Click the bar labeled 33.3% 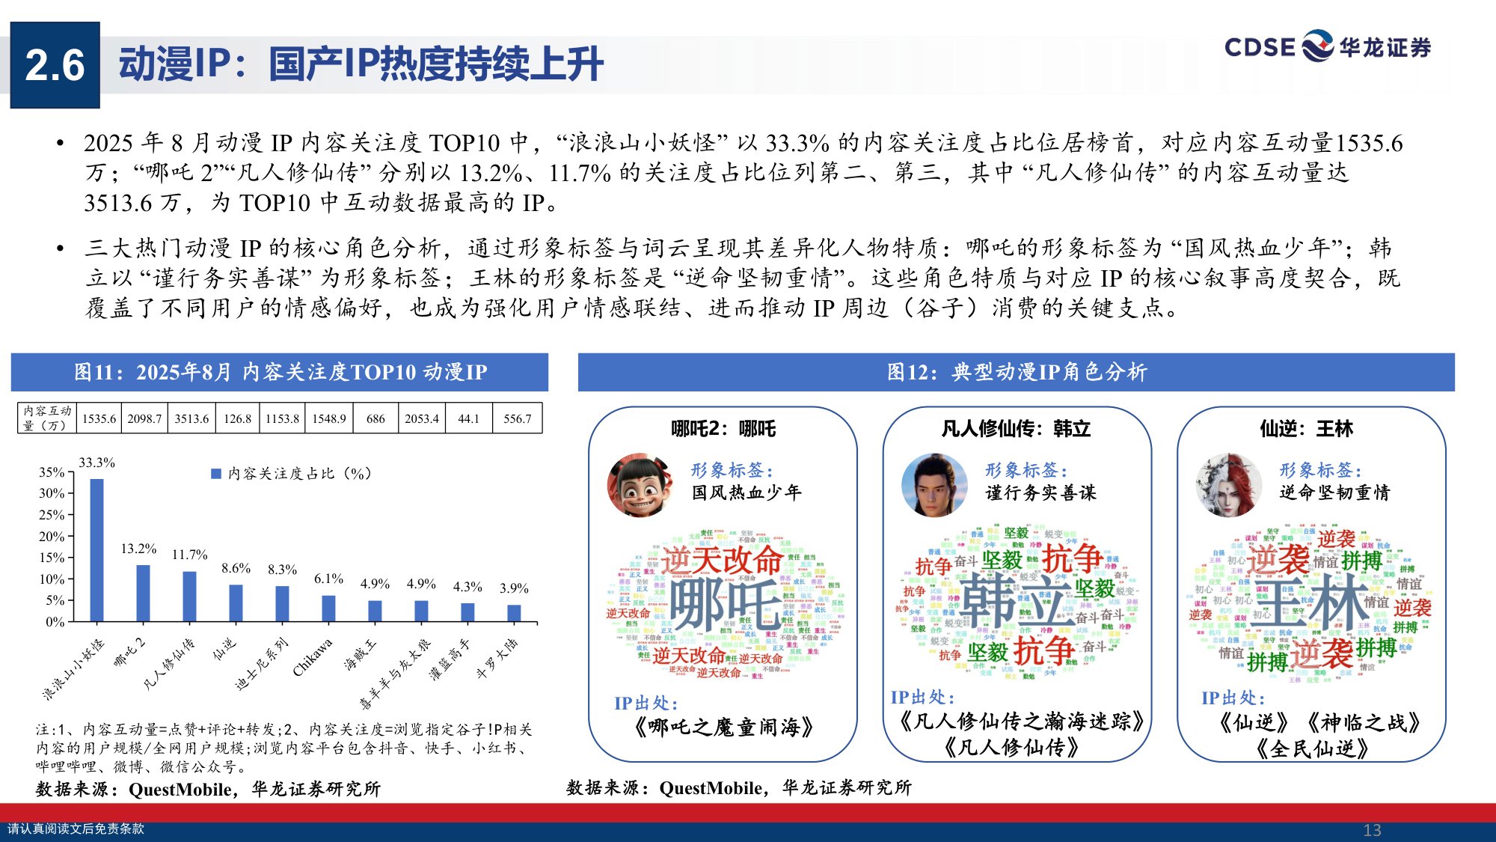pos(96,550)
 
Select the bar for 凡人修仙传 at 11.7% pos(189,597)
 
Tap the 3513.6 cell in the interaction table pos(191,418)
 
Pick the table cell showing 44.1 pos(468,418)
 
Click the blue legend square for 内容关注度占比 pos(216,474)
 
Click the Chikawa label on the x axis pos(313,657)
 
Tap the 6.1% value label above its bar pos(328,579)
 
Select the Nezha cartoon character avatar pos(640,485)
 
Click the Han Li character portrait pos(934,485)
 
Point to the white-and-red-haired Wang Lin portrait pos(1228,485)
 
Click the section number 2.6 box pos(55,65)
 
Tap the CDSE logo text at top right pos(1260,47)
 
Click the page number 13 pos(1372,830)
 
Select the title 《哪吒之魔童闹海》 pos(723,727)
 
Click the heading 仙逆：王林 pos(1306,429)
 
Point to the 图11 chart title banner pos(280,372)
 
